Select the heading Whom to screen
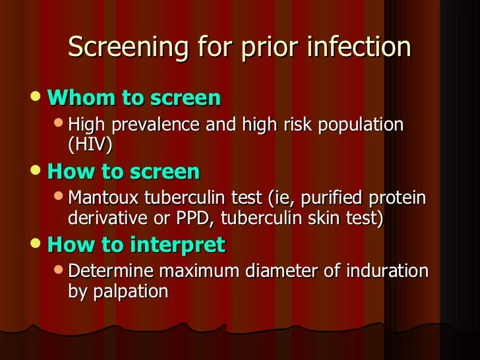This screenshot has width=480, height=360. point(135,98)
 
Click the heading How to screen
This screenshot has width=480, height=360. point(124,172)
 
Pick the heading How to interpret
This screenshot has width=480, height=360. point(136,245)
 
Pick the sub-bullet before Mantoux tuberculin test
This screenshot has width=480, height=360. point(59,198)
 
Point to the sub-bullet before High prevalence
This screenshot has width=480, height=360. point(59,124)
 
